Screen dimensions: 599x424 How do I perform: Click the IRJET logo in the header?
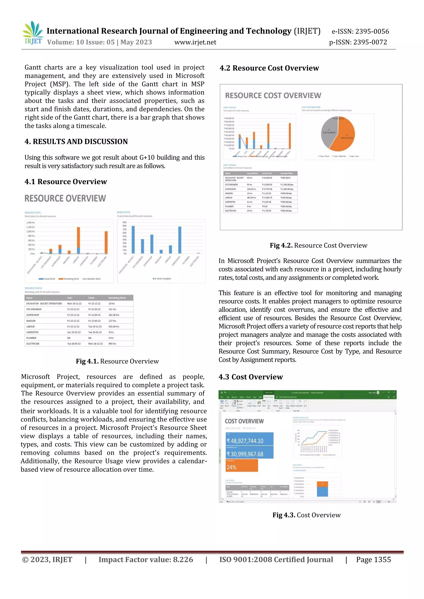[x=33, y=33]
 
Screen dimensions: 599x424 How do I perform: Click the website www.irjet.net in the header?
[x=195, y=42]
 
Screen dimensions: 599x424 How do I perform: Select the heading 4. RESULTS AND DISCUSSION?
[x=76, y=141]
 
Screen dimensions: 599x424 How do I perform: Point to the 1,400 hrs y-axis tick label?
[x=31, y=222]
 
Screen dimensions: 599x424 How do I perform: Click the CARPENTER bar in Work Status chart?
[x=180, y=240]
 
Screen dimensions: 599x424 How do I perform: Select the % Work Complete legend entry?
[x=162, y=279]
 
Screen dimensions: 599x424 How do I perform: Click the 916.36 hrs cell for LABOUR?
[x=114, y=326]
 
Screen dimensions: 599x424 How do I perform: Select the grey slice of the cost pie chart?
[x=328, y=132]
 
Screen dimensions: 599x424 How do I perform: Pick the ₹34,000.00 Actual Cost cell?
[x=267, y=178]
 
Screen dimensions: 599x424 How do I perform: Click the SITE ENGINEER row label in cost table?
[x=231, y=184]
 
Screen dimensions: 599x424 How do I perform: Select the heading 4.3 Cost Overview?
[x=251, y=377]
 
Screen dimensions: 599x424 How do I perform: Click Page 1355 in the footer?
[x=373, y=559]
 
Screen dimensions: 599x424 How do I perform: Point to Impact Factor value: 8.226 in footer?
[x=146, y=559]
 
